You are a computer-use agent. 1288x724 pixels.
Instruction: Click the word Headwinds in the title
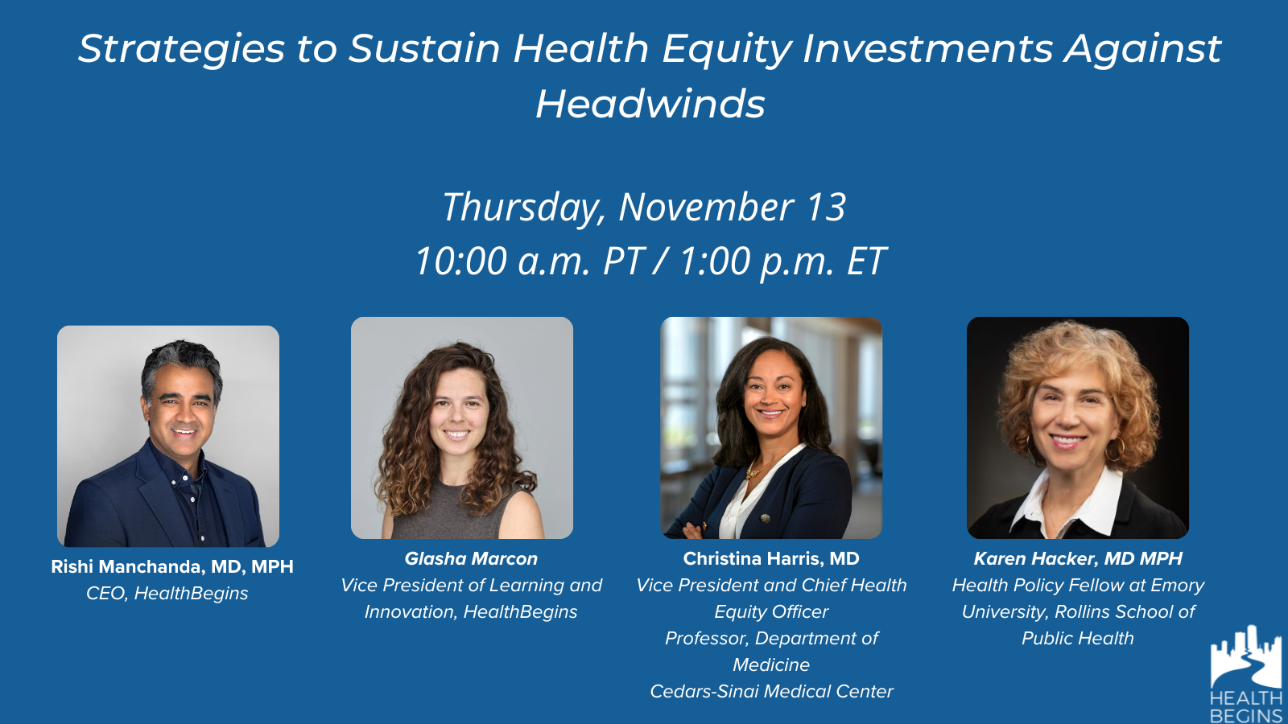[650, 104]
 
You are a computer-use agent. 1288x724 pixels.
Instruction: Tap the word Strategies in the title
[182, 49]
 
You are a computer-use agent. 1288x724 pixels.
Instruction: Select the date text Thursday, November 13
[644, 208]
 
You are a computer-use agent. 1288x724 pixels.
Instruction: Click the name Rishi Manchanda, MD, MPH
[172, 566]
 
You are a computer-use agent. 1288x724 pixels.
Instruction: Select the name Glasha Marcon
[471, 558]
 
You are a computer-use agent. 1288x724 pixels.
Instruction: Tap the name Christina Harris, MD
[771, 558]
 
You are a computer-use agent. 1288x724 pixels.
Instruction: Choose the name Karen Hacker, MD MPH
[1078, 558]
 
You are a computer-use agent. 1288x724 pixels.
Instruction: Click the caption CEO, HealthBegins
[167, 594]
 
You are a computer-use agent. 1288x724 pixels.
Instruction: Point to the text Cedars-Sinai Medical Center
[772, 691]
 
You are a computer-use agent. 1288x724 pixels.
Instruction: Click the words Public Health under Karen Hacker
[1078, 639]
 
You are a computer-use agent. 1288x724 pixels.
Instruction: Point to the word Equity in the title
[728, 49]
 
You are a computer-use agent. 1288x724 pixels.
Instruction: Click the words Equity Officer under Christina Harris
[772, 612]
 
